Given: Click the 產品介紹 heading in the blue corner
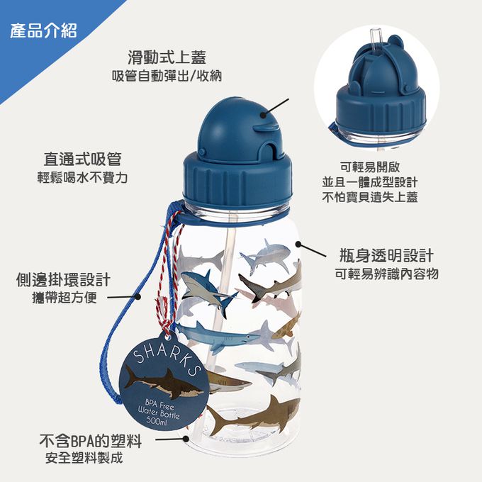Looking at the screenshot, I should (x=44, y=31).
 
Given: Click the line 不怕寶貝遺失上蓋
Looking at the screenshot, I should (x=370, y=197).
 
